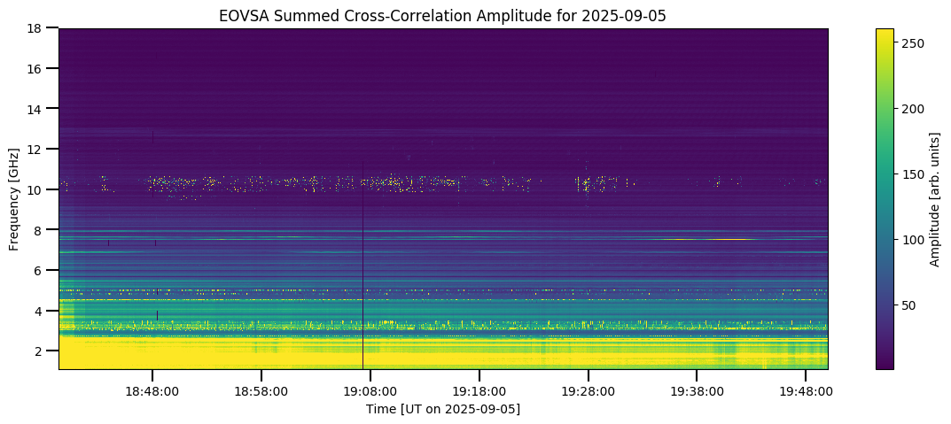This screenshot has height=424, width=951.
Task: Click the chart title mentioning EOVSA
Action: [x=443, y=15]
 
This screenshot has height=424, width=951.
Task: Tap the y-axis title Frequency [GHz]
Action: [x=14, y=198]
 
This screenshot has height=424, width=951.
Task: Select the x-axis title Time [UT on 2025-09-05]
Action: [x=443, y=409]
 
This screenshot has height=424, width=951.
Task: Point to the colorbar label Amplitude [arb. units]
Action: [x=934, y=198]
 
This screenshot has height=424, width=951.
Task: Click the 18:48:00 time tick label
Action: [x=152, y=390]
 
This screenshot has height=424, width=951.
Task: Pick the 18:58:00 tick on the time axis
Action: [x=261, y=390]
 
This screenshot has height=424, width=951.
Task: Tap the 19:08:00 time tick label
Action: [x=370, y=390]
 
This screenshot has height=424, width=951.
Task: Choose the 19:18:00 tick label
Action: [x=479, y=390]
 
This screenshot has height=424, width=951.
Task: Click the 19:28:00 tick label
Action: [x=588, y=390]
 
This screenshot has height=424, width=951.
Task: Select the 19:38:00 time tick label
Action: [x=697, y=390]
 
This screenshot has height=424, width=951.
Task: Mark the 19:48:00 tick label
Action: [x=806, y=390]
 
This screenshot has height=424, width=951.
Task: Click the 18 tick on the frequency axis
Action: [x=36, y=28]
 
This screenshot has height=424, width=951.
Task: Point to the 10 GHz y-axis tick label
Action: [x=36, y=189]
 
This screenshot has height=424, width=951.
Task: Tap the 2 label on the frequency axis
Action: [x=40, y=351]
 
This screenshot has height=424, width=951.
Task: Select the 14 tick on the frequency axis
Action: [x=36, y=109]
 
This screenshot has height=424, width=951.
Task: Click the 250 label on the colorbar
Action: [x=913, y=42]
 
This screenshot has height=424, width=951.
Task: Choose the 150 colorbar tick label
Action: [x=913, y=173]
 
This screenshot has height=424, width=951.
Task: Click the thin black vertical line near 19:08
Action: [x=362, y=266]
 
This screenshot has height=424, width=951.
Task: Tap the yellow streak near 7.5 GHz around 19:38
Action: [x=709, y=239]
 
